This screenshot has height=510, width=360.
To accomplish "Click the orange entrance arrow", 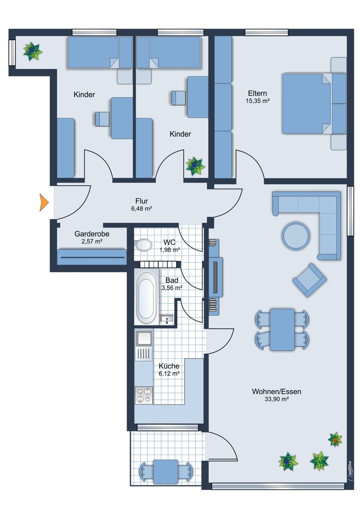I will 44,202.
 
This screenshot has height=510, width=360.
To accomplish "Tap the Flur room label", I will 142,200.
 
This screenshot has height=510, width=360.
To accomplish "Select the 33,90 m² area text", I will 276,400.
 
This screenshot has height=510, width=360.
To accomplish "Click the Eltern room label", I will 258,93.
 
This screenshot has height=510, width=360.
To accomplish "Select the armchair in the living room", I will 309,280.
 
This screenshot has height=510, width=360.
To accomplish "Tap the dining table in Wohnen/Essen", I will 282,329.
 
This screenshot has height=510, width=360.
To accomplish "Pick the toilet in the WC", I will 143,245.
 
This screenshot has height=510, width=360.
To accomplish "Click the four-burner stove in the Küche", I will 143,395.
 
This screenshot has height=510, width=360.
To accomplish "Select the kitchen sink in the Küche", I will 143,338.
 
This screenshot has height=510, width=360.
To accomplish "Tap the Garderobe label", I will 92,234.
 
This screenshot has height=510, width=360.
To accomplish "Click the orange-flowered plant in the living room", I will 335,439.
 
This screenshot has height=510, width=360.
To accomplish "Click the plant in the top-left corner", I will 33,51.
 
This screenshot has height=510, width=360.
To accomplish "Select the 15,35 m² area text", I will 258,101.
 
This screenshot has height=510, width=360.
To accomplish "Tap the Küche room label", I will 168,366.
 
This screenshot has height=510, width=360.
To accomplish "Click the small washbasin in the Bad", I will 167,319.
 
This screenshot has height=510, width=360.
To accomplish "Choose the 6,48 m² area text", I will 142,209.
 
